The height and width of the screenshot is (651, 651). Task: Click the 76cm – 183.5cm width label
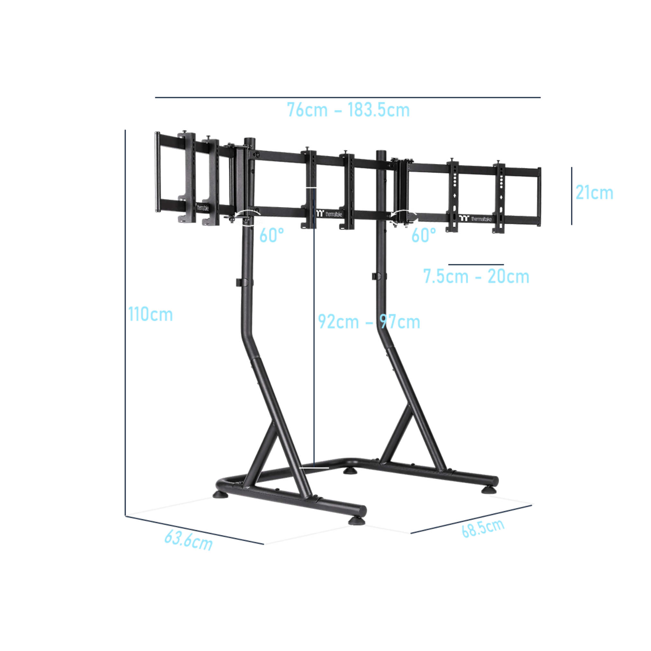click(348, 110)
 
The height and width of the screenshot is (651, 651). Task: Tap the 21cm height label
click(594, 193)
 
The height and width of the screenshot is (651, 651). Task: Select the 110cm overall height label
click(151, 315)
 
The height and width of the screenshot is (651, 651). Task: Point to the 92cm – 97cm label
click(369, 322)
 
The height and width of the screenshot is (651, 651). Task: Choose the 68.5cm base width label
click(483, 529)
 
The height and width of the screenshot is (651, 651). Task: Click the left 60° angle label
click(272, 235)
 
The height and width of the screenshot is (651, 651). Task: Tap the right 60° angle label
click(423, 235)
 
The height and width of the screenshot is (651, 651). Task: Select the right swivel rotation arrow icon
click(404, 217)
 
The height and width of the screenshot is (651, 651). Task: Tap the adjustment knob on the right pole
click(374, 276)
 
